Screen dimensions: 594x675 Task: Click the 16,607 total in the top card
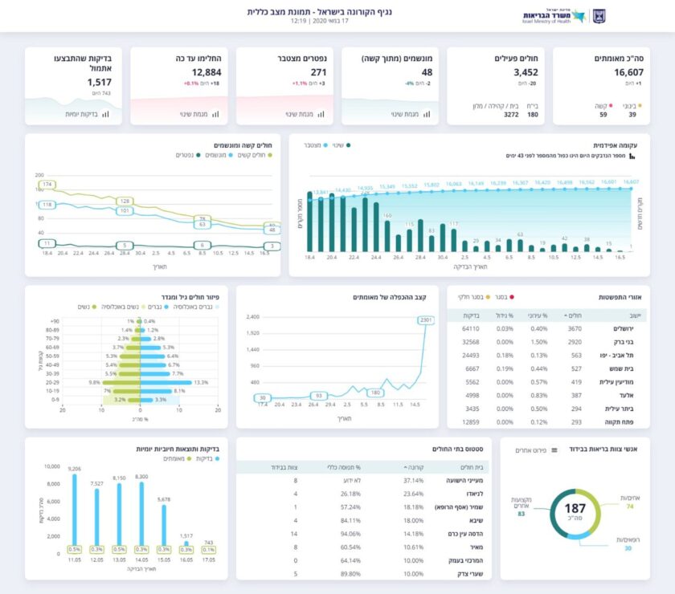[x=603, y=72]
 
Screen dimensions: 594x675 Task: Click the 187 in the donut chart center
[x=575, y=509]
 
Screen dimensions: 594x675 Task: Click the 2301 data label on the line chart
[x=426, y=320]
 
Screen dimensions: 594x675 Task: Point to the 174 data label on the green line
[x=47, y=185]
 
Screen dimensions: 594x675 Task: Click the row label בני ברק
[x=628, y=342]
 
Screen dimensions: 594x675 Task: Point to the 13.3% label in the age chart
[x=201, y=382]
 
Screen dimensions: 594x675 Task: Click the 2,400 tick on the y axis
[x=252, y=316]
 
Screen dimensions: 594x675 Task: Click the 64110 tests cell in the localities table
[x=471, y=328]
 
